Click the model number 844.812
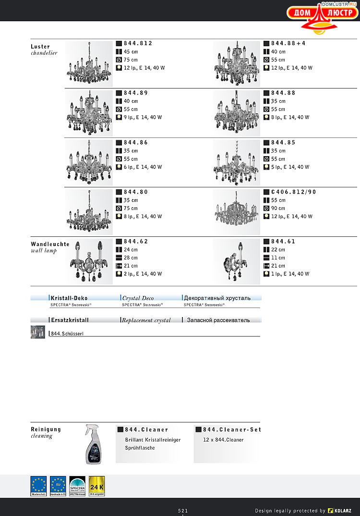(138, 43)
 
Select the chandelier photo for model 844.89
(89, 113)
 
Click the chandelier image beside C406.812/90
(237, 211)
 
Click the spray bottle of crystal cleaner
(94, 444)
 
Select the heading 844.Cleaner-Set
(232, 430)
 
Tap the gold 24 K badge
(97, 486)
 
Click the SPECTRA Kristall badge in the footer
(77, 486)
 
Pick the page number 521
(183, 510)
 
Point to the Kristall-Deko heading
(69, 298)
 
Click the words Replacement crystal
(146, 320)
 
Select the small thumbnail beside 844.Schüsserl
(38, 332)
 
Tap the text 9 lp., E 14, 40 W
(143, 117)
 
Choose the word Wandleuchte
(50, 244)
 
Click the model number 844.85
(283, 143)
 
